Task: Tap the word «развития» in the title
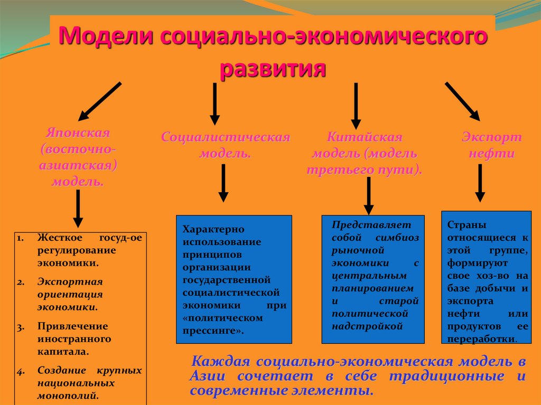pos(272,68)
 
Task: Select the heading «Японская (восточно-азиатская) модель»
pos(78,157)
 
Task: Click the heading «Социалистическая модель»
pos(226,145)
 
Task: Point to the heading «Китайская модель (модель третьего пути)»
pos(365,154)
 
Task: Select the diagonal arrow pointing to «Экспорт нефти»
pos(462,101)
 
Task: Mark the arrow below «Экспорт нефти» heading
pos(480,182)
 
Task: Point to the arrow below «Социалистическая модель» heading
pos(223,182)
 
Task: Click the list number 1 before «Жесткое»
pos(20,238)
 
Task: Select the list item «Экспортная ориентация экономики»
pos(70,294)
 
